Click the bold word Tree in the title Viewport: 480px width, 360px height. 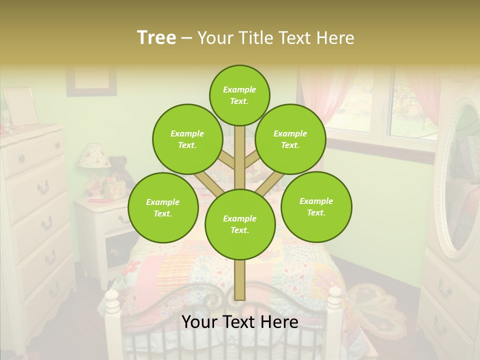[x=156, y=37]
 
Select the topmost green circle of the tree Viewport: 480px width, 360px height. [x=239, y=95]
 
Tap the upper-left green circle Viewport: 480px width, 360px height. [x=187, y=139]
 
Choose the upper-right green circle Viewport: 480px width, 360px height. [x=290, y=139]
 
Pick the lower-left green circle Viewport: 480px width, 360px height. [x=163, y=207]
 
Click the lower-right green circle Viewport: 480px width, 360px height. [x=316, y=206]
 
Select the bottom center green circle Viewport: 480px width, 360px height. [x=240, y=224]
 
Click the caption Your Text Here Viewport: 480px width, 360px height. [x=240, y=322]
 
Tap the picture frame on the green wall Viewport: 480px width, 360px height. [x=91, y=80]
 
